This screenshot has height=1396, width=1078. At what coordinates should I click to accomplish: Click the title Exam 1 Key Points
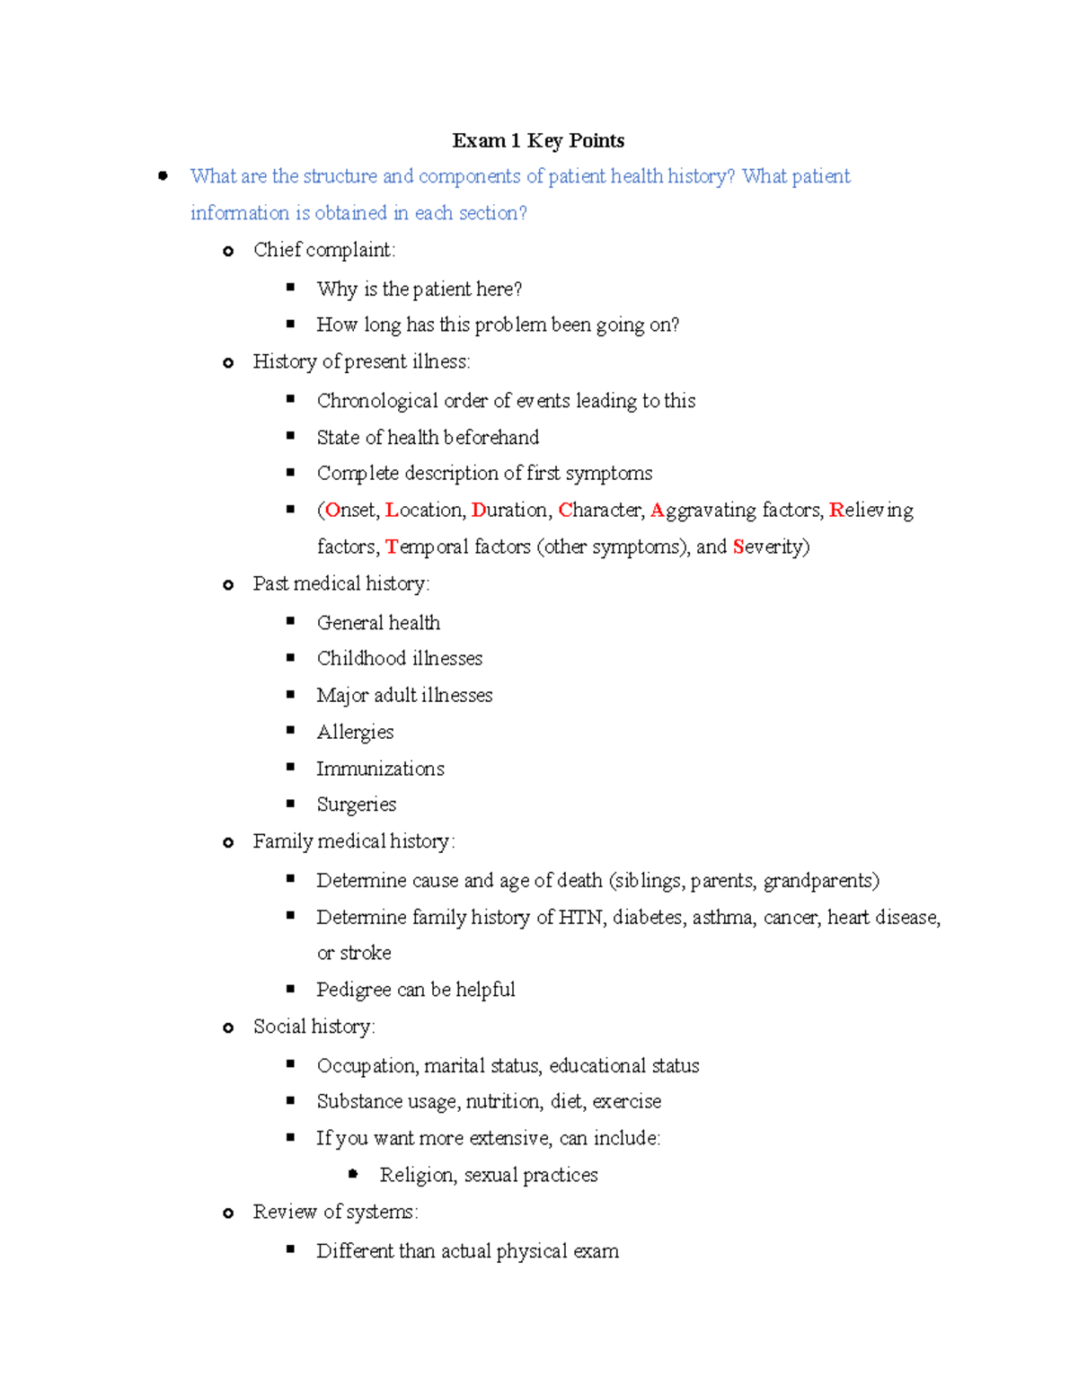[538, 140]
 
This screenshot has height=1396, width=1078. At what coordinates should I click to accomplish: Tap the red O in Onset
[332, 510]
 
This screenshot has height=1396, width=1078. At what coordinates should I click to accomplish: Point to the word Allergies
[355, 732]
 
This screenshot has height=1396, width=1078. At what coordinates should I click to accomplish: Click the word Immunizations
[380, 769]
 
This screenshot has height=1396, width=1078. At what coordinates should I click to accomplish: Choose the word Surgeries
[356, 805]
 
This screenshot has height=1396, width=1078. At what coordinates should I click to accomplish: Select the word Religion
[417, 1175]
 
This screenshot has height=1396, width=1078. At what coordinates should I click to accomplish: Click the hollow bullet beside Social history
[228, 1027]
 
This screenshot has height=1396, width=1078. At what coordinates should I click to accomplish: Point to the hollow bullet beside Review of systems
[228, 1213]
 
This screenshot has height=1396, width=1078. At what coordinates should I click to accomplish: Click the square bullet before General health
[290, 621]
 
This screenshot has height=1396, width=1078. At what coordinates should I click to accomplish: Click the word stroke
[366, 953]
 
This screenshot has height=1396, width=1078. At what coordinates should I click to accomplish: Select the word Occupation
[367, 1066]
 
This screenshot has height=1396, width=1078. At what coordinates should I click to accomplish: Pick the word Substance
[358, 1101]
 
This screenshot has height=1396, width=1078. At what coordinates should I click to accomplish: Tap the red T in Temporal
[392, 547]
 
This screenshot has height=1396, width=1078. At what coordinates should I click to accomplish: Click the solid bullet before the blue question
[163, 176]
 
